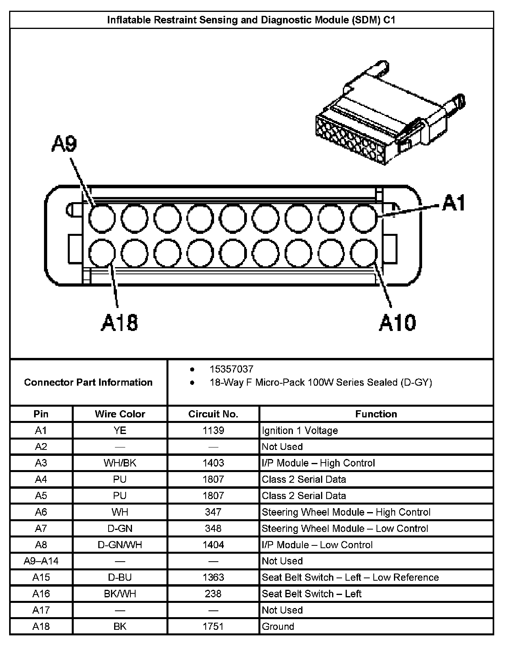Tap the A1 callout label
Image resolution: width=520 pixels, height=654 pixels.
[453, 203]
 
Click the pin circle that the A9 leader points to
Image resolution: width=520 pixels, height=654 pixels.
[102, 218]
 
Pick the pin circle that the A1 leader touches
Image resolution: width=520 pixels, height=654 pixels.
[364, 218]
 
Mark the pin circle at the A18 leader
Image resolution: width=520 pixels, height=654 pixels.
[102, 253]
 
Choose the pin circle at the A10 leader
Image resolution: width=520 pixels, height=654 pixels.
[364, 253]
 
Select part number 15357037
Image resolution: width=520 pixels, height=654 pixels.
[231, 369]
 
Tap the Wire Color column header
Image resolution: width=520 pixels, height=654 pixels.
[120, 414]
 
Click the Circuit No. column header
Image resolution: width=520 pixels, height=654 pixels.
[213, 414]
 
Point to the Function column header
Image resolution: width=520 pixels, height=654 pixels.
[376, 414]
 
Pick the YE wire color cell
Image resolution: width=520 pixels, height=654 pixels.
[120, 430]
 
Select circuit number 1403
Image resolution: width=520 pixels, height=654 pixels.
[213, 463]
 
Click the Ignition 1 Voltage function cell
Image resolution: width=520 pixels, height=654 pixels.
[300, 430]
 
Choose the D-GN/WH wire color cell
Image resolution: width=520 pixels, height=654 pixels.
[120, 545]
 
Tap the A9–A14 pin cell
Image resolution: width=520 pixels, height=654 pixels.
[41, 561]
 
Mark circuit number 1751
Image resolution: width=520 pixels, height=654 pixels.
[213, 626]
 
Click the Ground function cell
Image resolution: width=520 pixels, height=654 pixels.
[278, 626]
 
